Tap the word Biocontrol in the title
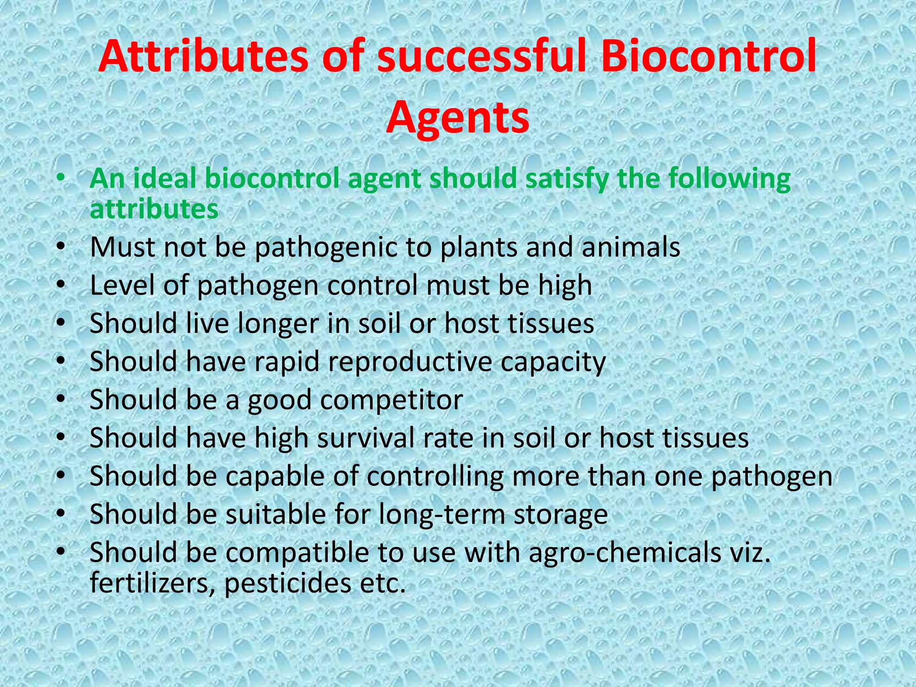pyautogui.click(x=708, y=57)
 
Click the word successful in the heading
pyautogui.click(x=481, y=57)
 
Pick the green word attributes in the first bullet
pyautogui.click(x=154, y=209)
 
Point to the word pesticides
pyautogui.click(x=288, y=583)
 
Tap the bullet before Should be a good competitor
pyautogui.click(x=61, y=398)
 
